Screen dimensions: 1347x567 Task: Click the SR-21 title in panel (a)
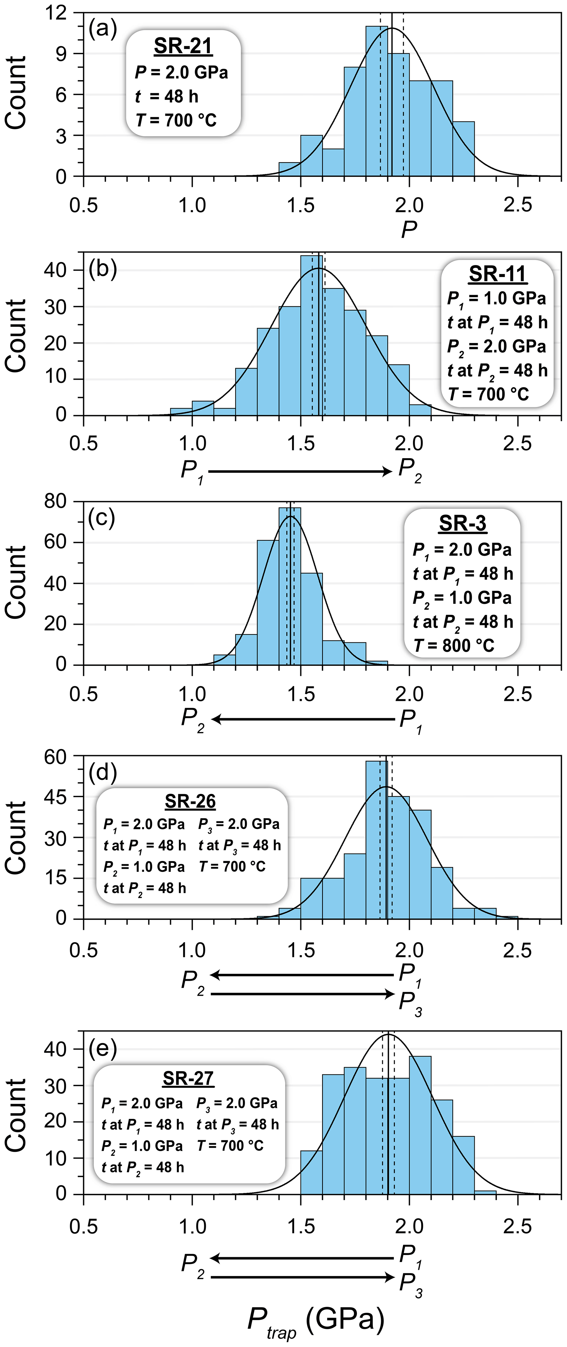(183, 46)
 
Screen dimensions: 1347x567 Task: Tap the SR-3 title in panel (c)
(462, 523)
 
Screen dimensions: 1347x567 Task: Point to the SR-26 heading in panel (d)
(190, 801)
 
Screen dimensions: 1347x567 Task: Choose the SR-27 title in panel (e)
(188, 1078)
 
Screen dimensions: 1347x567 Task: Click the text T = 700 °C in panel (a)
(176, 120)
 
